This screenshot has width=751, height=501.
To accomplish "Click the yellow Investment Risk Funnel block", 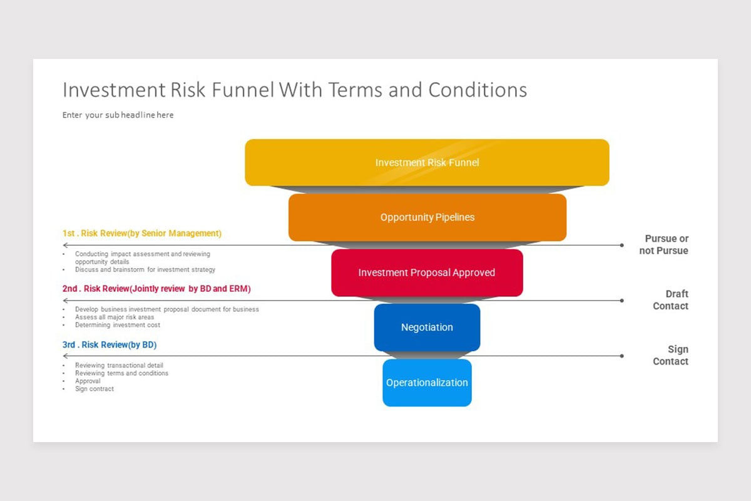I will click(427, 162).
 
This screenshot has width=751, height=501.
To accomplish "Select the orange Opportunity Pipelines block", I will click(427, 217).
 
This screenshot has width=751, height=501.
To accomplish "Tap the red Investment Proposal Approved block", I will click(427, 272).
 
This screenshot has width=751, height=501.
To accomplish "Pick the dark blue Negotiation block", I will click(427, 327).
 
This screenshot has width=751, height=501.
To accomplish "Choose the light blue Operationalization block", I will click(427, 383).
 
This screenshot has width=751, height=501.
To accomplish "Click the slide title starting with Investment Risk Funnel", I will click(294, 90).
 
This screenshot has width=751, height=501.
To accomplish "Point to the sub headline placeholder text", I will click(118, 115).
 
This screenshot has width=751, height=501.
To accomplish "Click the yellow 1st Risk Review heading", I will click(142, 234).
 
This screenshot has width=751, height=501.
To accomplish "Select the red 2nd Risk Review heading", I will click(156, 289).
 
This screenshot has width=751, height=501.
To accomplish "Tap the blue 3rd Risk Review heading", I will click(110, 344).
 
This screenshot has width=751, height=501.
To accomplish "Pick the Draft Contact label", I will click(670, 300).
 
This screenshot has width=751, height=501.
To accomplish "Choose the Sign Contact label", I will click(670, 355).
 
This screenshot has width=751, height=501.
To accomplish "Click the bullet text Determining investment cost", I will click(118, 325).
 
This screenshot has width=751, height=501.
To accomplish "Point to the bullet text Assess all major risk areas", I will click(115, 318).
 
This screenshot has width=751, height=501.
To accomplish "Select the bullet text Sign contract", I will click(95, 389).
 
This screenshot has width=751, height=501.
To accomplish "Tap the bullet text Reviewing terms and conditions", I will click(121, 373).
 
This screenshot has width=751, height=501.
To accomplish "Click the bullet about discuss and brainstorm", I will click(145, 270).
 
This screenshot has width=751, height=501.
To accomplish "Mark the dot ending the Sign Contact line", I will click(621, 356).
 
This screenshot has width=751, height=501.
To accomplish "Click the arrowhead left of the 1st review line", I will click(65, 245).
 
